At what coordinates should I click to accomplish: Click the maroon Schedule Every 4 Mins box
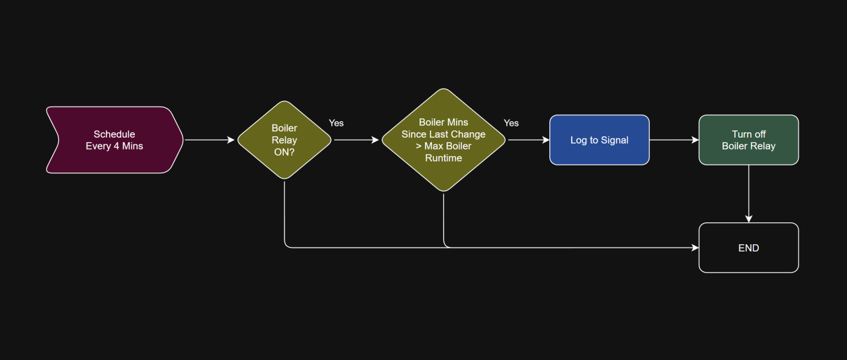[x=114, y=140]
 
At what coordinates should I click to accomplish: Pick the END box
[x=748, y=248]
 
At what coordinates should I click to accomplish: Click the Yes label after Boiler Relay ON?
[x=336, y=123]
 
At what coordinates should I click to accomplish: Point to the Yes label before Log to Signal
[x=511, y=123]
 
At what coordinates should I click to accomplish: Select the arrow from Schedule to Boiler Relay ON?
[x=210, y=140]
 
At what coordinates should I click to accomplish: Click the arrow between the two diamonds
[x=357, y=140]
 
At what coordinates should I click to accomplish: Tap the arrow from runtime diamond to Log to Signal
[x=528, y=140]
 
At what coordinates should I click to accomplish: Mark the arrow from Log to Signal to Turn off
[x=674, y=140]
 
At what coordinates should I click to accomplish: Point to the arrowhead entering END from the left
[x=695, y=247]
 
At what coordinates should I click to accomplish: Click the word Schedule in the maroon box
[x=114, y=134]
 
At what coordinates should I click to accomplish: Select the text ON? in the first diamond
[x=285, y=152]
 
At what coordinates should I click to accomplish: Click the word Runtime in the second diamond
[x=443, y=158]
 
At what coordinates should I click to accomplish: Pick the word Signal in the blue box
[x=614, y=140]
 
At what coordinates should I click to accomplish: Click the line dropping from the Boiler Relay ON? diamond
[x=285, y=212]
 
